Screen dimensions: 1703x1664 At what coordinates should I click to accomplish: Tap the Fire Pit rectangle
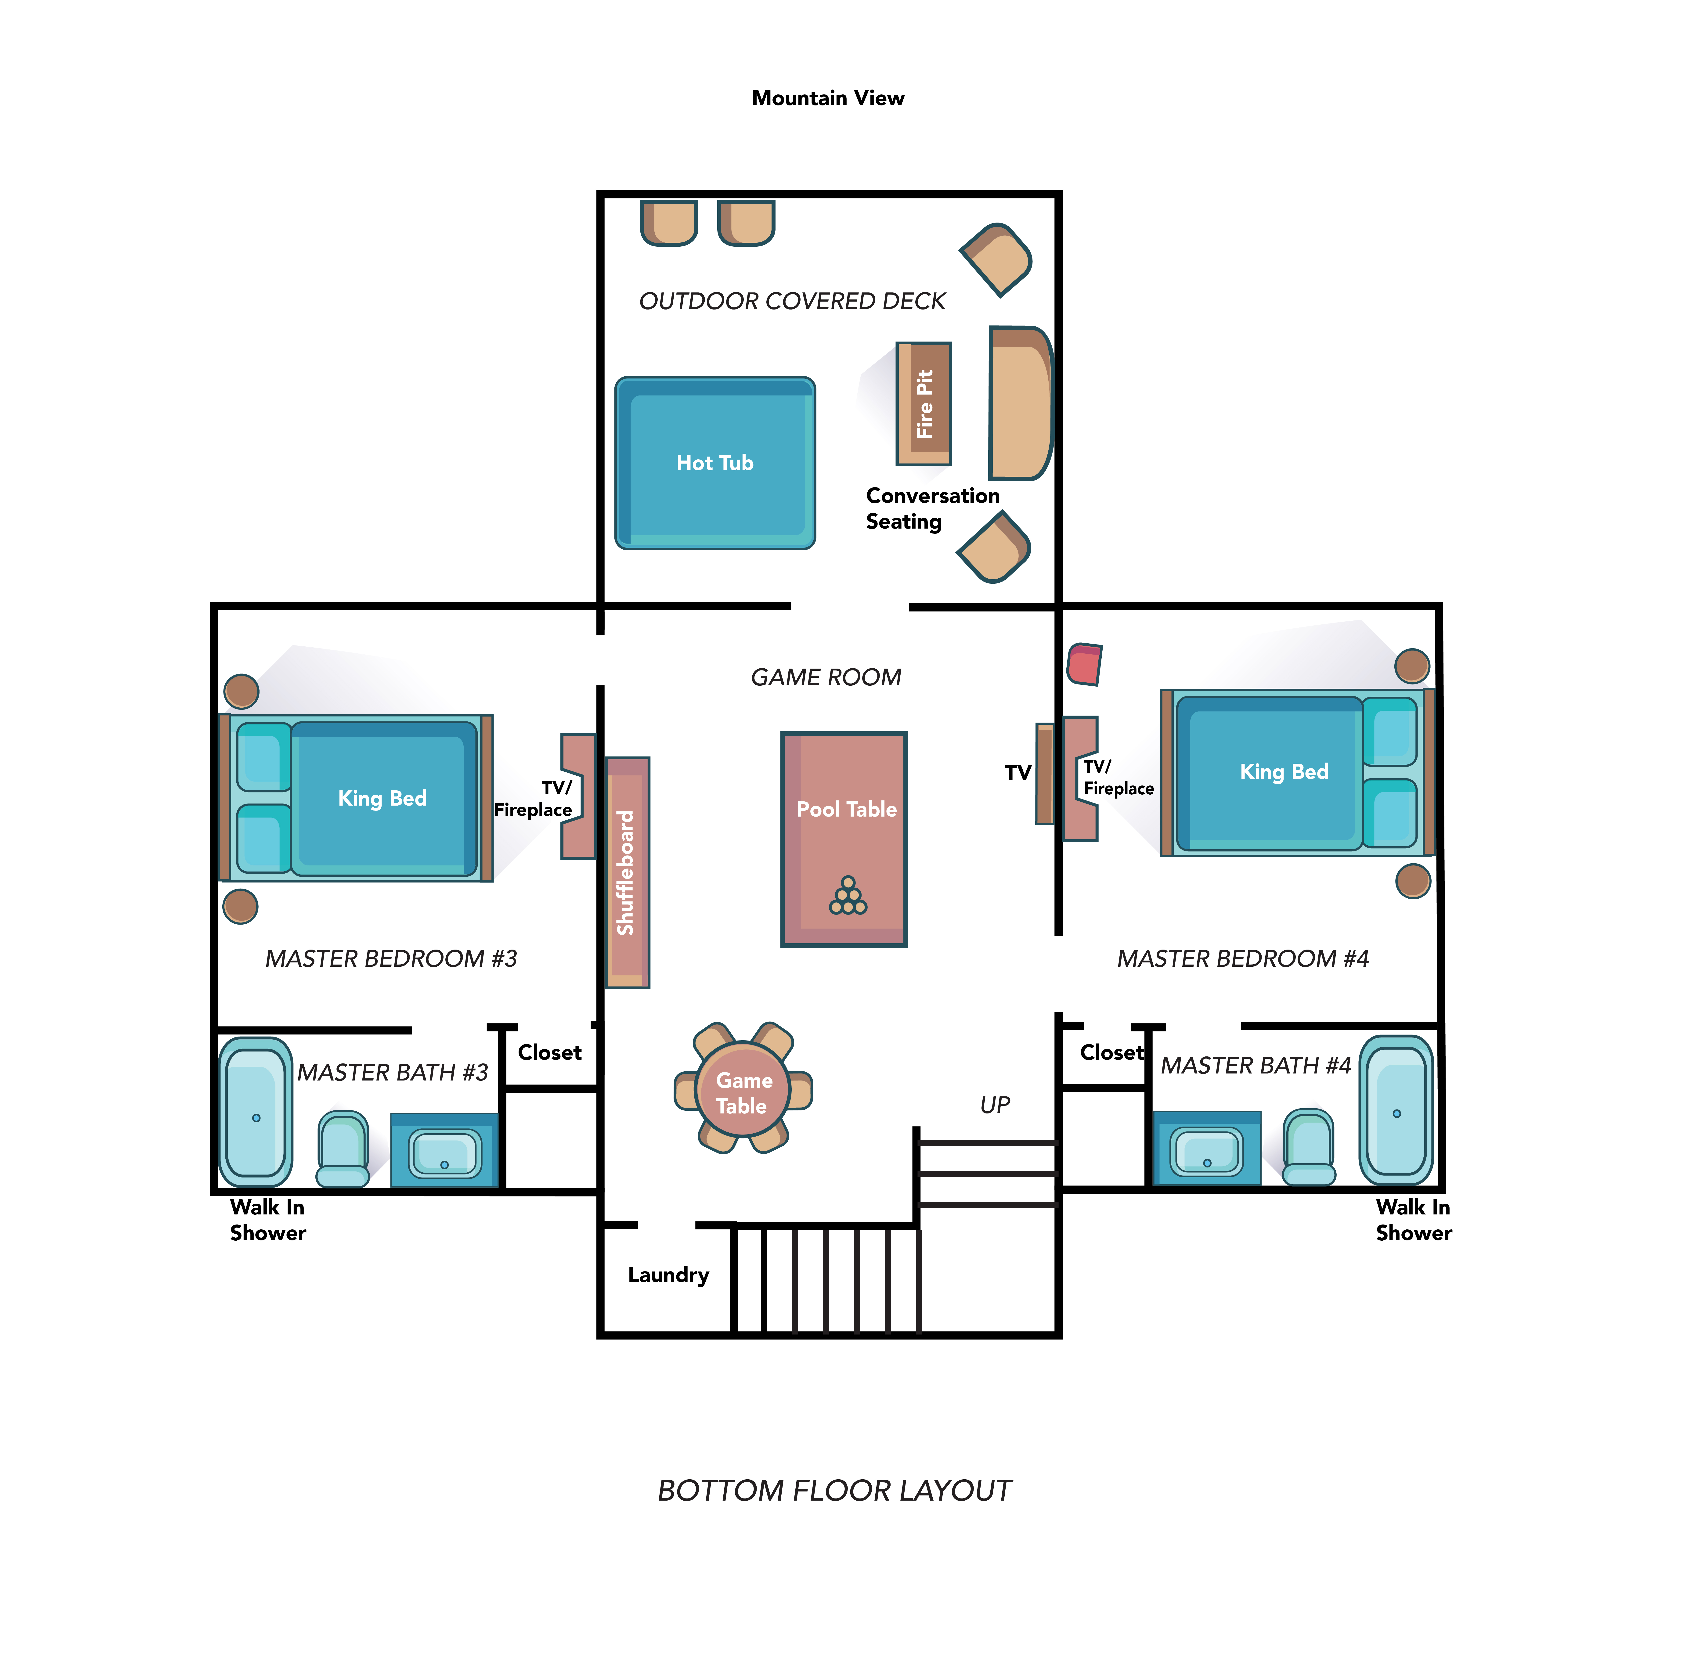[x=923, y=404]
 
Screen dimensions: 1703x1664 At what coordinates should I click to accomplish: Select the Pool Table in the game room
[x=844, y=839]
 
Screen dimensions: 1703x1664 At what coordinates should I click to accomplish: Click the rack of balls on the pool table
[x=848, y=896]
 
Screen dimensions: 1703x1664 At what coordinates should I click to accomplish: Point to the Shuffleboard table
[x=627, y=872]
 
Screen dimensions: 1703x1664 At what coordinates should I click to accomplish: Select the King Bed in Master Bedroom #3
[x=356, y=798]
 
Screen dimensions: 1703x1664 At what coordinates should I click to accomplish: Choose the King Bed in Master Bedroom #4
[x=1297, y=772]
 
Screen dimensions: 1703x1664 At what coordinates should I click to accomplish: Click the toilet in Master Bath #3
[x=343, y=1148]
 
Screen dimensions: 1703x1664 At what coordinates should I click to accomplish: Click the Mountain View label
[x=828, y=98]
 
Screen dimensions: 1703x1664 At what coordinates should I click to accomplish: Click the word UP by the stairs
[x=995, y=1105]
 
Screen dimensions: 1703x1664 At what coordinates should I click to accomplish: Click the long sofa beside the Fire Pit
[x=1020, y=403]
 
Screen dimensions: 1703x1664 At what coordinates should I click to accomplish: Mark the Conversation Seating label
[x=932, y=508]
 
